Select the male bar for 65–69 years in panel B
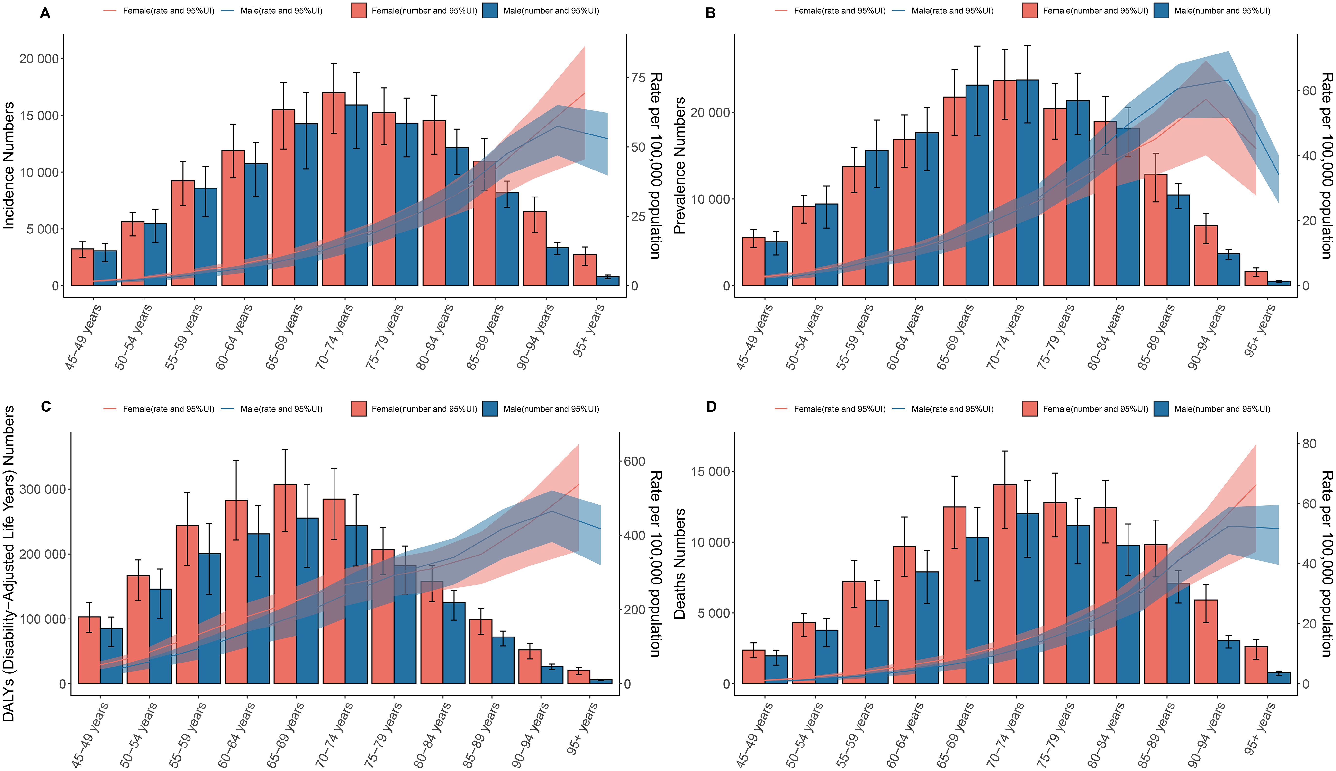tap(977, 185)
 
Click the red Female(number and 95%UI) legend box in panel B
tap(1029, 11)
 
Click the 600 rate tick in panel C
tap(634, 461)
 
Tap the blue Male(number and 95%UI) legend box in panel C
tap(490, 409)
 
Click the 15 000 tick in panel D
tap(711, 472)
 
